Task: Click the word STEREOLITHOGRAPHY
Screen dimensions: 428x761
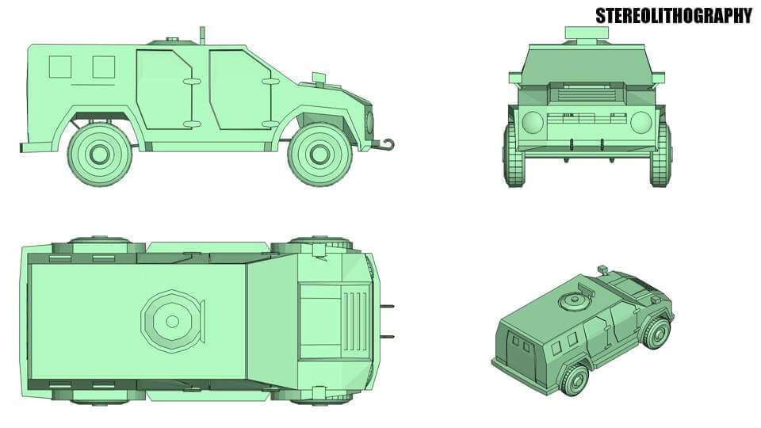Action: point(673,15)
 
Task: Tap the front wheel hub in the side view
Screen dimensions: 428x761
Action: point(319,154)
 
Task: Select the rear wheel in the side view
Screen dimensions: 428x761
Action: point(99,154)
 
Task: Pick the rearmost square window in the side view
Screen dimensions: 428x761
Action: point(60,67)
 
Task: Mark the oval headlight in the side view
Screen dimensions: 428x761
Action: point(369,122)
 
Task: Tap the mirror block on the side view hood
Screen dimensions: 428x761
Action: point(319,77)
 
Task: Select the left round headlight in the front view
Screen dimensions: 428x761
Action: point(533,122)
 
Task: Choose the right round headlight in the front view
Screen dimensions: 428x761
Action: point(641,122)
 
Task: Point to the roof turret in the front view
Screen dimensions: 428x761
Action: point(587,32)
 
